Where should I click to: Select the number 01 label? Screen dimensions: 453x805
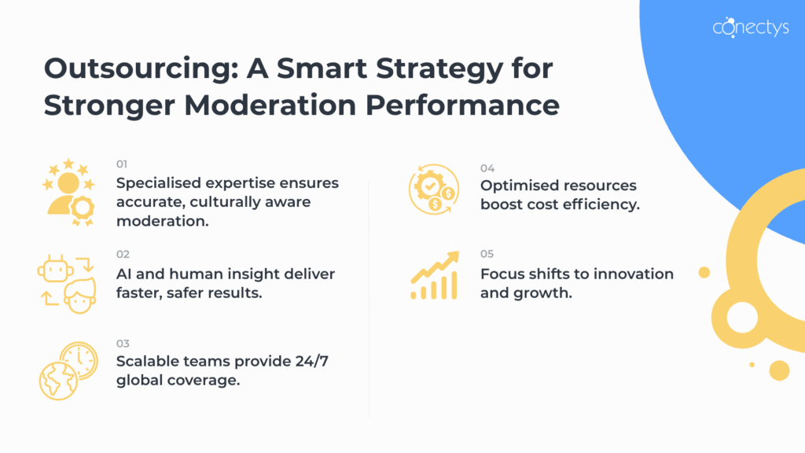[x=122, y=164]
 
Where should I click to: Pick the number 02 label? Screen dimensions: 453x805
[x=122, y=255]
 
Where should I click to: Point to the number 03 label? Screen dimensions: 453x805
[x=122, y=344]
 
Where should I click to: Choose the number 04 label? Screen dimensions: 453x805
[x=487, y=168]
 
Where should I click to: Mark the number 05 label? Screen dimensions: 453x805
[x=487, y=255]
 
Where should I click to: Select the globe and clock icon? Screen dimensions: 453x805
[x=67, y=370]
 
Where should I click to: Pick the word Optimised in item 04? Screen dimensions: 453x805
[x=519, y=186]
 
